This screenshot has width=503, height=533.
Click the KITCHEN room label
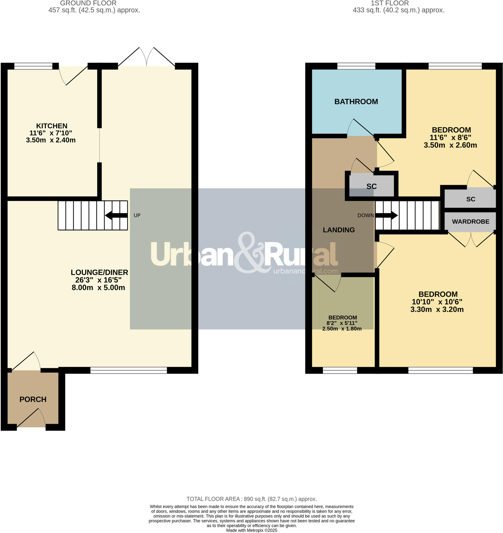[x=51, y=126]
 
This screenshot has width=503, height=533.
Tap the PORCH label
[x=33, y=399]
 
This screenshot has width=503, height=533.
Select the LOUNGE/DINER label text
[x=99, y=272]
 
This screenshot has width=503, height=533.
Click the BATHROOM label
[x=356, y=102]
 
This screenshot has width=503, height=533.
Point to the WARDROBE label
[x=470, y=221]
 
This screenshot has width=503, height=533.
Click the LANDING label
[x=339, y=230]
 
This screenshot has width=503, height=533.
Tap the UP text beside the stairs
[x=137, y=215]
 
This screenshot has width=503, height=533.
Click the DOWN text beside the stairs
[x=365, y=215]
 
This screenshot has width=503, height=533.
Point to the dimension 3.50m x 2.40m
[x=51, y=140]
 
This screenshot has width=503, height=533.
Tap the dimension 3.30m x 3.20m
[x=437, y=309]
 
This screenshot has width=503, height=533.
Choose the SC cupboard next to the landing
[x=371, y=186]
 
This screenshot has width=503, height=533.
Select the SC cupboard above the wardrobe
[x=470, y=199]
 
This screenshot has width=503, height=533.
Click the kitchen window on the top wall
[x=33, y=66]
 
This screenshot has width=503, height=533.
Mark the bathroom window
[x=356, y=66]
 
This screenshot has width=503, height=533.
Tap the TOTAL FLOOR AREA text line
[x=251, y=499]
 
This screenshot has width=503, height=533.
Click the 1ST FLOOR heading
[x=390, y=3]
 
